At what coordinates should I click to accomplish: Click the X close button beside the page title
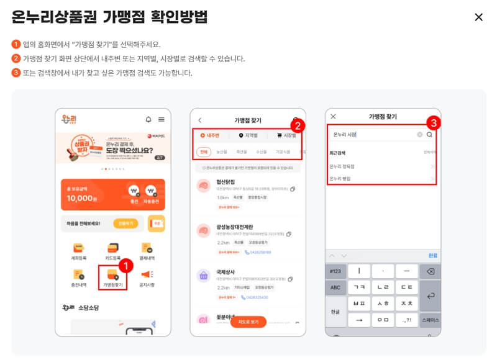coord(478,17)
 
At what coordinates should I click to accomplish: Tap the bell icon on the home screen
coord(148,119)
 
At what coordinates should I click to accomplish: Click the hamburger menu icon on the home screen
coord(162,119)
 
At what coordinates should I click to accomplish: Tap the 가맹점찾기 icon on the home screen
coord(112,274)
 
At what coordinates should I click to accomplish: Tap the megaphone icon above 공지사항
coord(147,274)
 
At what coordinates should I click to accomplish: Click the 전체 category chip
coord(203,151)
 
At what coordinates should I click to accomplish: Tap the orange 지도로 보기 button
coord(248,322)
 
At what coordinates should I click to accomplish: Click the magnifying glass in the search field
coord(429,134)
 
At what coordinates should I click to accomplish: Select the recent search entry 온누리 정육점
coord(344,166)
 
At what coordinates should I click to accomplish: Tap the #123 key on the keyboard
coord(335,271)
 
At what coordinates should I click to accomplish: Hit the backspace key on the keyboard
coord(430,271)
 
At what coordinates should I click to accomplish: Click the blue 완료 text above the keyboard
coord(433,255)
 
